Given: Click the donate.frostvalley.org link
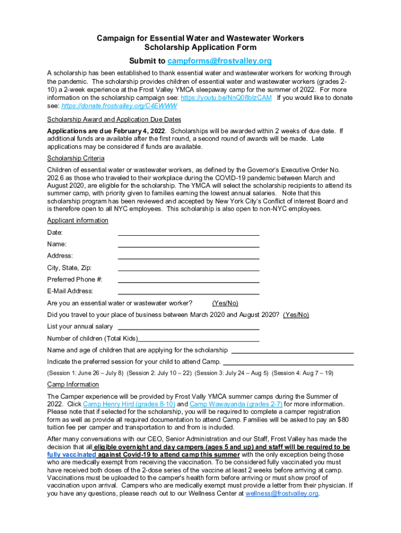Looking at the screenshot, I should [x=119, y=106].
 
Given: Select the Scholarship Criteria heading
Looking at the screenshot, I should [x=76, y=158].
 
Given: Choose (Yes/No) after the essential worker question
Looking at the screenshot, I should [x=225, y=303].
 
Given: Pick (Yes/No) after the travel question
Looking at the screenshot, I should [x=296, y=315].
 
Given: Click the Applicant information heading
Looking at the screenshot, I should [x=78, y=221].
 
